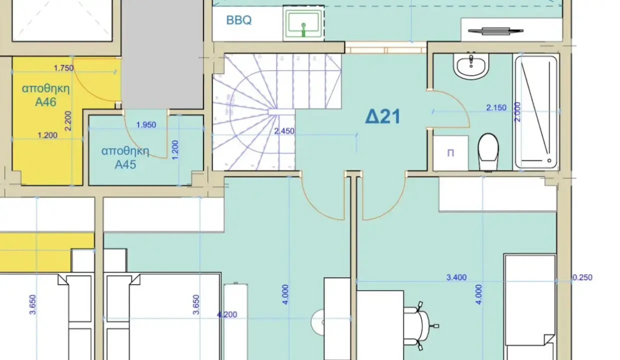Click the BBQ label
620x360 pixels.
(239, 20)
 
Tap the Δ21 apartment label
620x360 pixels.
(383, 116)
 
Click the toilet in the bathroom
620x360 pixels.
(488, 152)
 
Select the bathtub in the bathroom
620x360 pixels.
(536, 112)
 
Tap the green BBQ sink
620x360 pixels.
(304, 23)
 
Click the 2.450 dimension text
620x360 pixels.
(284, 131)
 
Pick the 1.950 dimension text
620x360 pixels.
(146, 124)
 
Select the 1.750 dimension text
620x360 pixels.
(64, 68)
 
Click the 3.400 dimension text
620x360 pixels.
(456, 277)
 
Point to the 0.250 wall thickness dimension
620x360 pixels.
(582, 277)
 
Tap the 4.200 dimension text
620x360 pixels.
(227, 314)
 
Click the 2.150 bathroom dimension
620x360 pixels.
(496, 107)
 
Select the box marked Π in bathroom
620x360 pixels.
(450, 153)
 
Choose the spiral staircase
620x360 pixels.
(277, 112)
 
